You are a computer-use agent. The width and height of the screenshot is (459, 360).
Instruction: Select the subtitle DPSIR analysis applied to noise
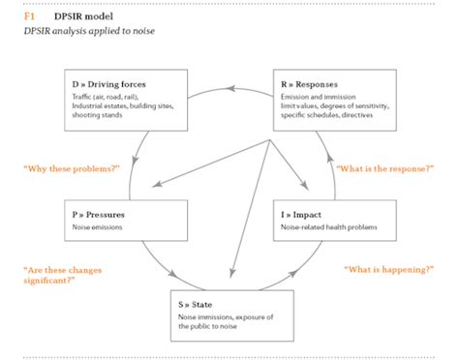[x=88, y=32]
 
